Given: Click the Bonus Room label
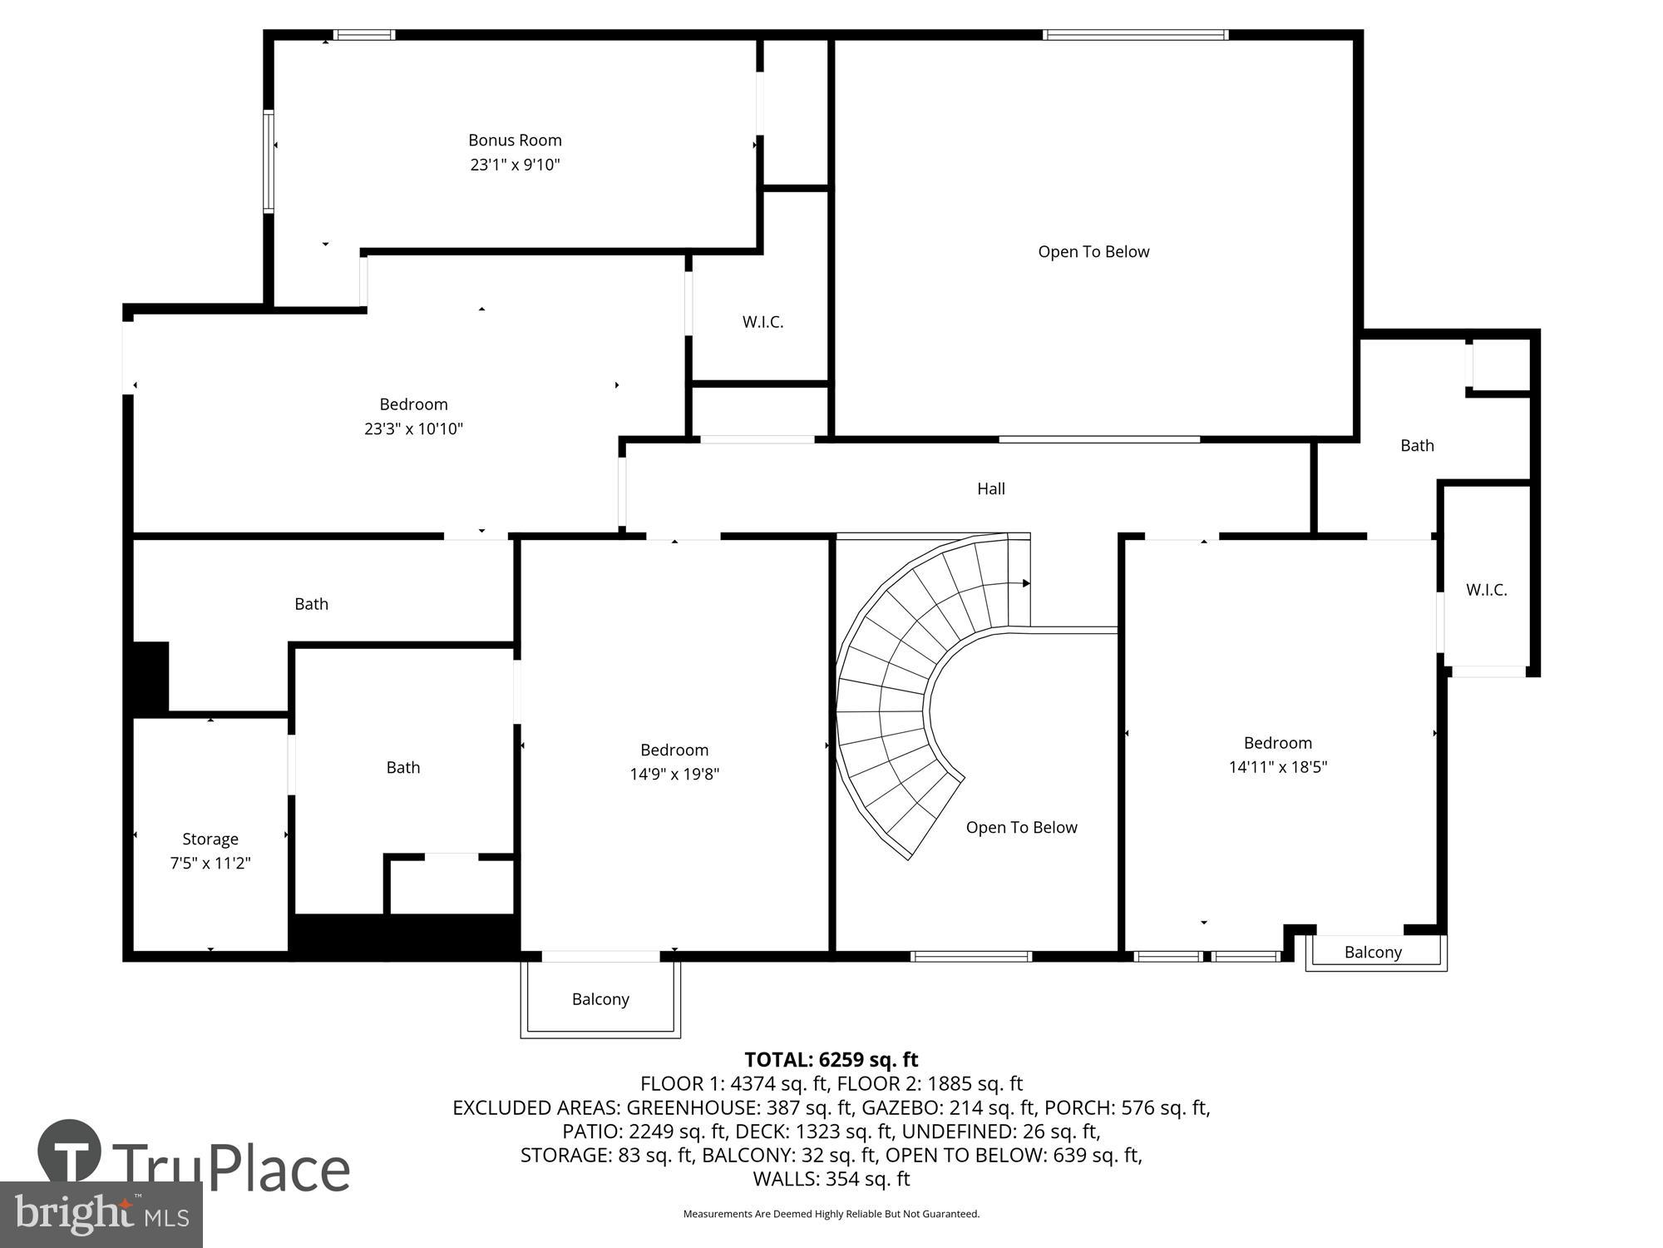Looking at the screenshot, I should (515, 141).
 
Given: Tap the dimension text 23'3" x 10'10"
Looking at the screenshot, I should (413, 429).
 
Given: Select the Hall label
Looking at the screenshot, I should (990, 489).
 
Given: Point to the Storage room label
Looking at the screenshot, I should (210, 839).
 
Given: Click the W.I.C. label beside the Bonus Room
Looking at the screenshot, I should (762, 322).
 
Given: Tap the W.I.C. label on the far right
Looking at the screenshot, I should (1486, 590).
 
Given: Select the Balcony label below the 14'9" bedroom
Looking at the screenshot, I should (600, 999).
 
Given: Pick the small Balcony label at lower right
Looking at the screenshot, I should (1373, 953).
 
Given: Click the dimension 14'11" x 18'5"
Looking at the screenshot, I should (1277, 767).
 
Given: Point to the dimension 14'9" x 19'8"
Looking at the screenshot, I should (674, 775).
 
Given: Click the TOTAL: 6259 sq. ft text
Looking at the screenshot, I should (831, 1060).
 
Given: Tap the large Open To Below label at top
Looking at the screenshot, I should (1093, 252).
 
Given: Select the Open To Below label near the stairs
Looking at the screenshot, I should (1021, 828).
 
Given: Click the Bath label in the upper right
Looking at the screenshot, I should (1417, 446).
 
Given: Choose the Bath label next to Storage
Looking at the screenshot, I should (402, 768).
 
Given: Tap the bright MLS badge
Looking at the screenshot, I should (101, 1215).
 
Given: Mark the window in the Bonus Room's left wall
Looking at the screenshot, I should (269, 162).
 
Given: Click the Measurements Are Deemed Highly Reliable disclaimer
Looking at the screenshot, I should (831, 1214).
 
